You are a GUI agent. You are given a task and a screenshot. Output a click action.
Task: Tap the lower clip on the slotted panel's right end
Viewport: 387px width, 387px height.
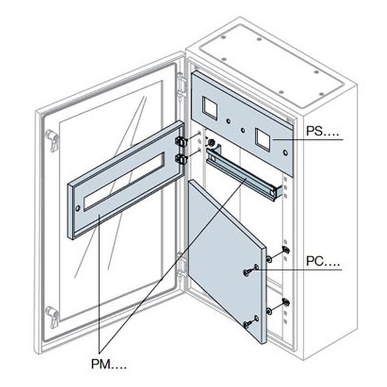(x=179, y=158)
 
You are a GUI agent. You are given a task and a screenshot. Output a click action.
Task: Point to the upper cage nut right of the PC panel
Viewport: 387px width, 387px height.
(x=284, y=252)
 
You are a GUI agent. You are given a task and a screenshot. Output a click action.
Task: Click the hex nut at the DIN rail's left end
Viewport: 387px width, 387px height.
(x=210, y=143)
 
